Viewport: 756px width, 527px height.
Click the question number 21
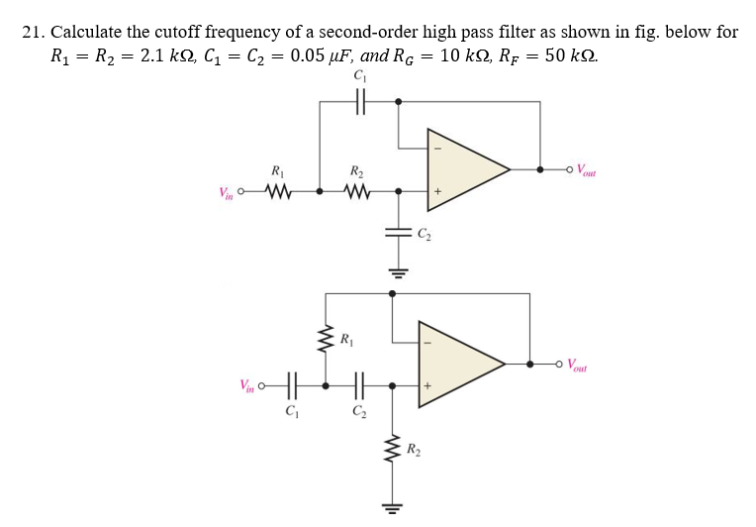click(34, 32)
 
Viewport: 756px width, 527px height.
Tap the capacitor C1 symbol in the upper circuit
click(358, 101)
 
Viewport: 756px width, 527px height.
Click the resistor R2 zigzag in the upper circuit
click(357, 190)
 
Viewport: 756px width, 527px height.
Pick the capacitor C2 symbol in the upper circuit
click(398, 235)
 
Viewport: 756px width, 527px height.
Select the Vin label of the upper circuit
click(228, 191)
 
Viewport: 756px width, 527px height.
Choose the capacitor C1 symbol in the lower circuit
click(290, 384)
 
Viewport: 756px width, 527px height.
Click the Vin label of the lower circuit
click(247, 384)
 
